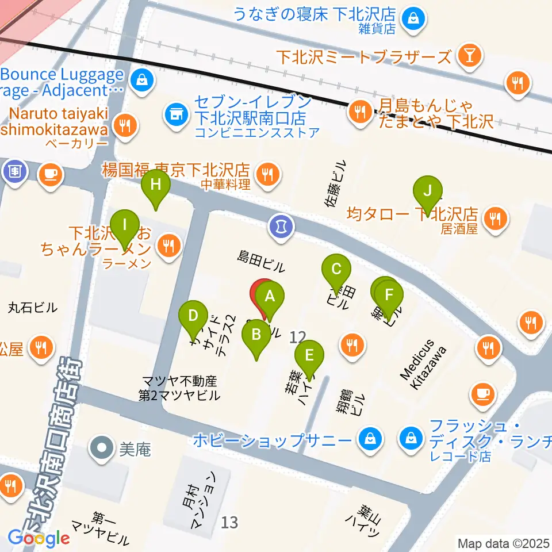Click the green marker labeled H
point(156,186)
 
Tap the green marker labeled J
point(427,191)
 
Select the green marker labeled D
point(193,316)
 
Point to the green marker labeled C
point(337,269)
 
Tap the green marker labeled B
point(256,335)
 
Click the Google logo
point(39,538)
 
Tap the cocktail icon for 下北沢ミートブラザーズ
point(470,56)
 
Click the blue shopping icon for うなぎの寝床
point(413,19)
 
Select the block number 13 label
point(229,523)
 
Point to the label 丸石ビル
point(33,307)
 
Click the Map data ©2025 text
point(504,543)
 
